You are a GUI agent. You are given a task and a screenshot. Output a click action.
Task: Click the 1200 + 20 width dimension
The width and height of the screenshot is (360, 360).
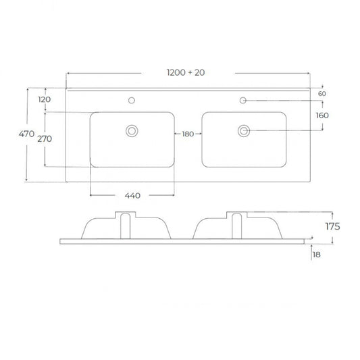186,72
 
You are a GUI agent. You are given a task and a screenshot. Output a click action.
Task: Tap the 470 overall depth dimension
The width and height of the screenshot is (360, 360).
26,134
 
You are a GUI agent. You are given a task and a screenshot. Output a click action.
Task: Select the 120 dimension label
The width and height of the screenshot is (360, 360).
45,99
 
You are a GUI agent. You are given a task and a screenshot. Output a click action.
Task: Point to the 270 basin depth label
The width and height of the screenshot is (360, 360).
45,138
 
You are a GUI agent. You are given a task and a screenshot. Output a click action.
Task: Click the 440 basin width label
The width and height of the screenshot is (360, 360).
132,196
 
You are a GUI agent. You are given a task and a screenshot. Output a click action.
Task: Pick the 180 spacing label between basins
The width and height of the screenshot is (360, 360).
188,134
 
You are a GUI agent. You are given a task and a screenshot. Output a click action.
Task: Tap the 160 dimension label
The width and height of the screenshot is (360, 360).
322,115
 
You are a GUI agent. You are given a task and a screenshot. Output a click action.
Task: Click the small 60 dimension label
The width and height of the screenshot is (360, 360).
322,94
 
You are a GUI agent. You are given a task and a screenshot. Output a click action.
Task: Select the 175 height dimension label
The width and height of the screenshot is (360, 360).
333,227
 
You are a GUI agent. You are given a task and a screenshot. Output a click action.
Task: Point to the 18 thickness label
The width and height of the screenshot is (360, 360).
317,255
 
